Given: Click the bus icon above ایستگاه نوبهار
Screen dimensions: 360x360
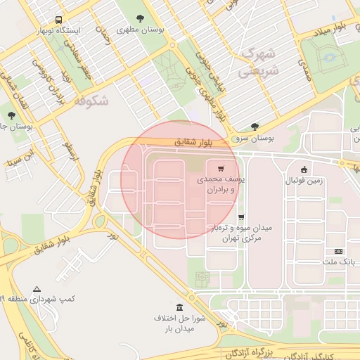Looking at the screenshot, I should [57, 20].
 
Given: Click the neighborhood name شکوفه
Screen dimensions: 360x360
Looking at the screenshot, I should [91, 101].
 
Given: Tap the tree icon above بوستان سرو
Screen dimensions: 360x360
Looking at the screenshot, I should [255, 127].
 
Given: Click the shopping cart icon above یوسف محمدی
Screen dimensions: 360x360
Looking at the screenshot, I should [221, 169].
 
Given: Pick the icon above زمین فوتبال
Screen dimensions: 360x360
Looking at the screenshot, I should [304, 169].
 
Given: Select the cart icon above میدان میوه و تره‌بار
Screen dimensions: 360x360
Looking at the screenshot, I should [241, 217].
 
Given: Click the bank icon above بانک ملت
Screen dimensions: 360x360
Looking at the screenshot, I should [339, 251].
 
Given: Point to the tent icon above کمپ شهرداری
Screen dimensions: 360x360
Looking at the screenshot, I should [37, 289].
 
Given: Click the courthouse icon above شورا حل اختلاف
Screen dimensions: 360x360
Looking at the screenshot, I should [180, 307].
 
